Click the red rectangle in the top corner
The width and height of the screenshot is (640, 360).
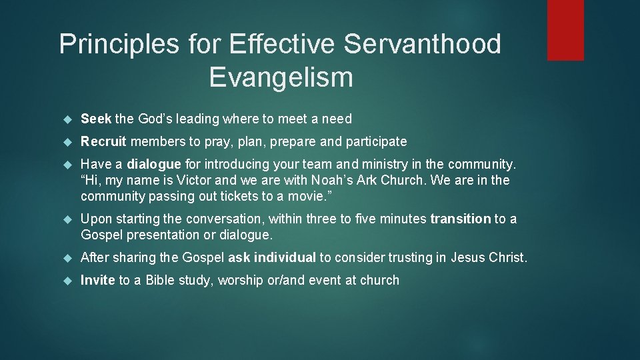click(x=565, y=30)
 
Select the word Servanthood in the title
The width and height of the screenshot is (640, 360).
click(x=423, y=45)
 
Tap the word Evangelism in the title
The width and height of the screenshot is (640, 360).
click(x=281, y=77)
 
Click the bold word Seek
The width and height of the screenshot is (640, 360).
click(x=96, y=119)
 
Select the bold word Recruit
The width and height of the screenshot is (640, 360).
click(x=103, y=141)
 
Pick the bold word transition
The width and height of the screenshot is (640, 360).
click(x=460, y=219)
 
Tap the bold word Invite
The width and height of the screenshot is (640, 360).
click(x=98, y=281)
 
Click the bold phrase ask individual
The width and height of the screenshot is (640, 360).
click(x=273, y=258)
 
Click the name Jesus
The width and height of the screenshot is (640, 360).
click(x=469, y=258)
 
